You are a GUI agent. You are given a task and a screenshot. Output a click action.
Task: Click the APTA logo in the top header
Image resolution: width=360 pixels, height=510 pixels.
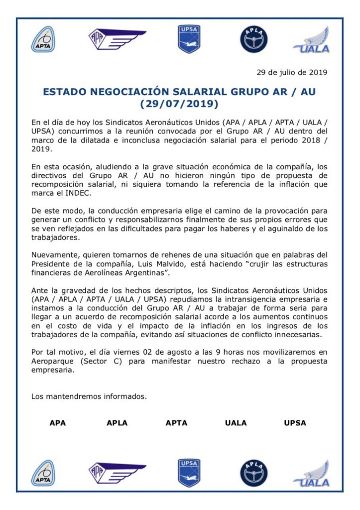(43, 39)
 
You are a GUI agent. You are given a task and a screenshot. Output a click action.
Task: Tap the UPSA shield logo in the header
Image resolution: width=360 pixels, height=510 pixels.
(189, 39)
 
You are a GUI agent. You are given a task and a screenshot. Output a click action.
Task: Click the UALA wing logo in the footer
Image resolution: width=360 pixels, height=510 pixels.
(312, 474)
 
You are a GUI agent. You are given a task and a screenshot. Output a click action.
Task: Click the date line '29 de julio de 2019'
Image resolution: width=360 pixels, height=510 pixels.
(292, 72)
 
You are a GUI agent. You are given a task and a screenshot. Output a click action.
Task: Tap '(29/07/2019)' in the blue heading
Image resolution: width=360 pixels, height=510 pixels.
(179, 104)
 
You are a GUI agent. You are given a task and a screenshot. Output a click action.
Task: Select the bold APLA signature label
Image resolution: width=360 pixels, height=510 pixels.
(117, 423)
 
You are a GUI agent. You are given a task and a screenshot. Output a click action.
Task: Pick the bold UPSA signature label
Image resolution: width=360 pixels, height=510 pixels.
(295, 423)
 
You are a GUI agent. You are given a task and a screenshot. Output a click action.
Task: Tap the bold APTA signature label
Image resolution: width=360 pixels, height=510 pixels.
(176, 423)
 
